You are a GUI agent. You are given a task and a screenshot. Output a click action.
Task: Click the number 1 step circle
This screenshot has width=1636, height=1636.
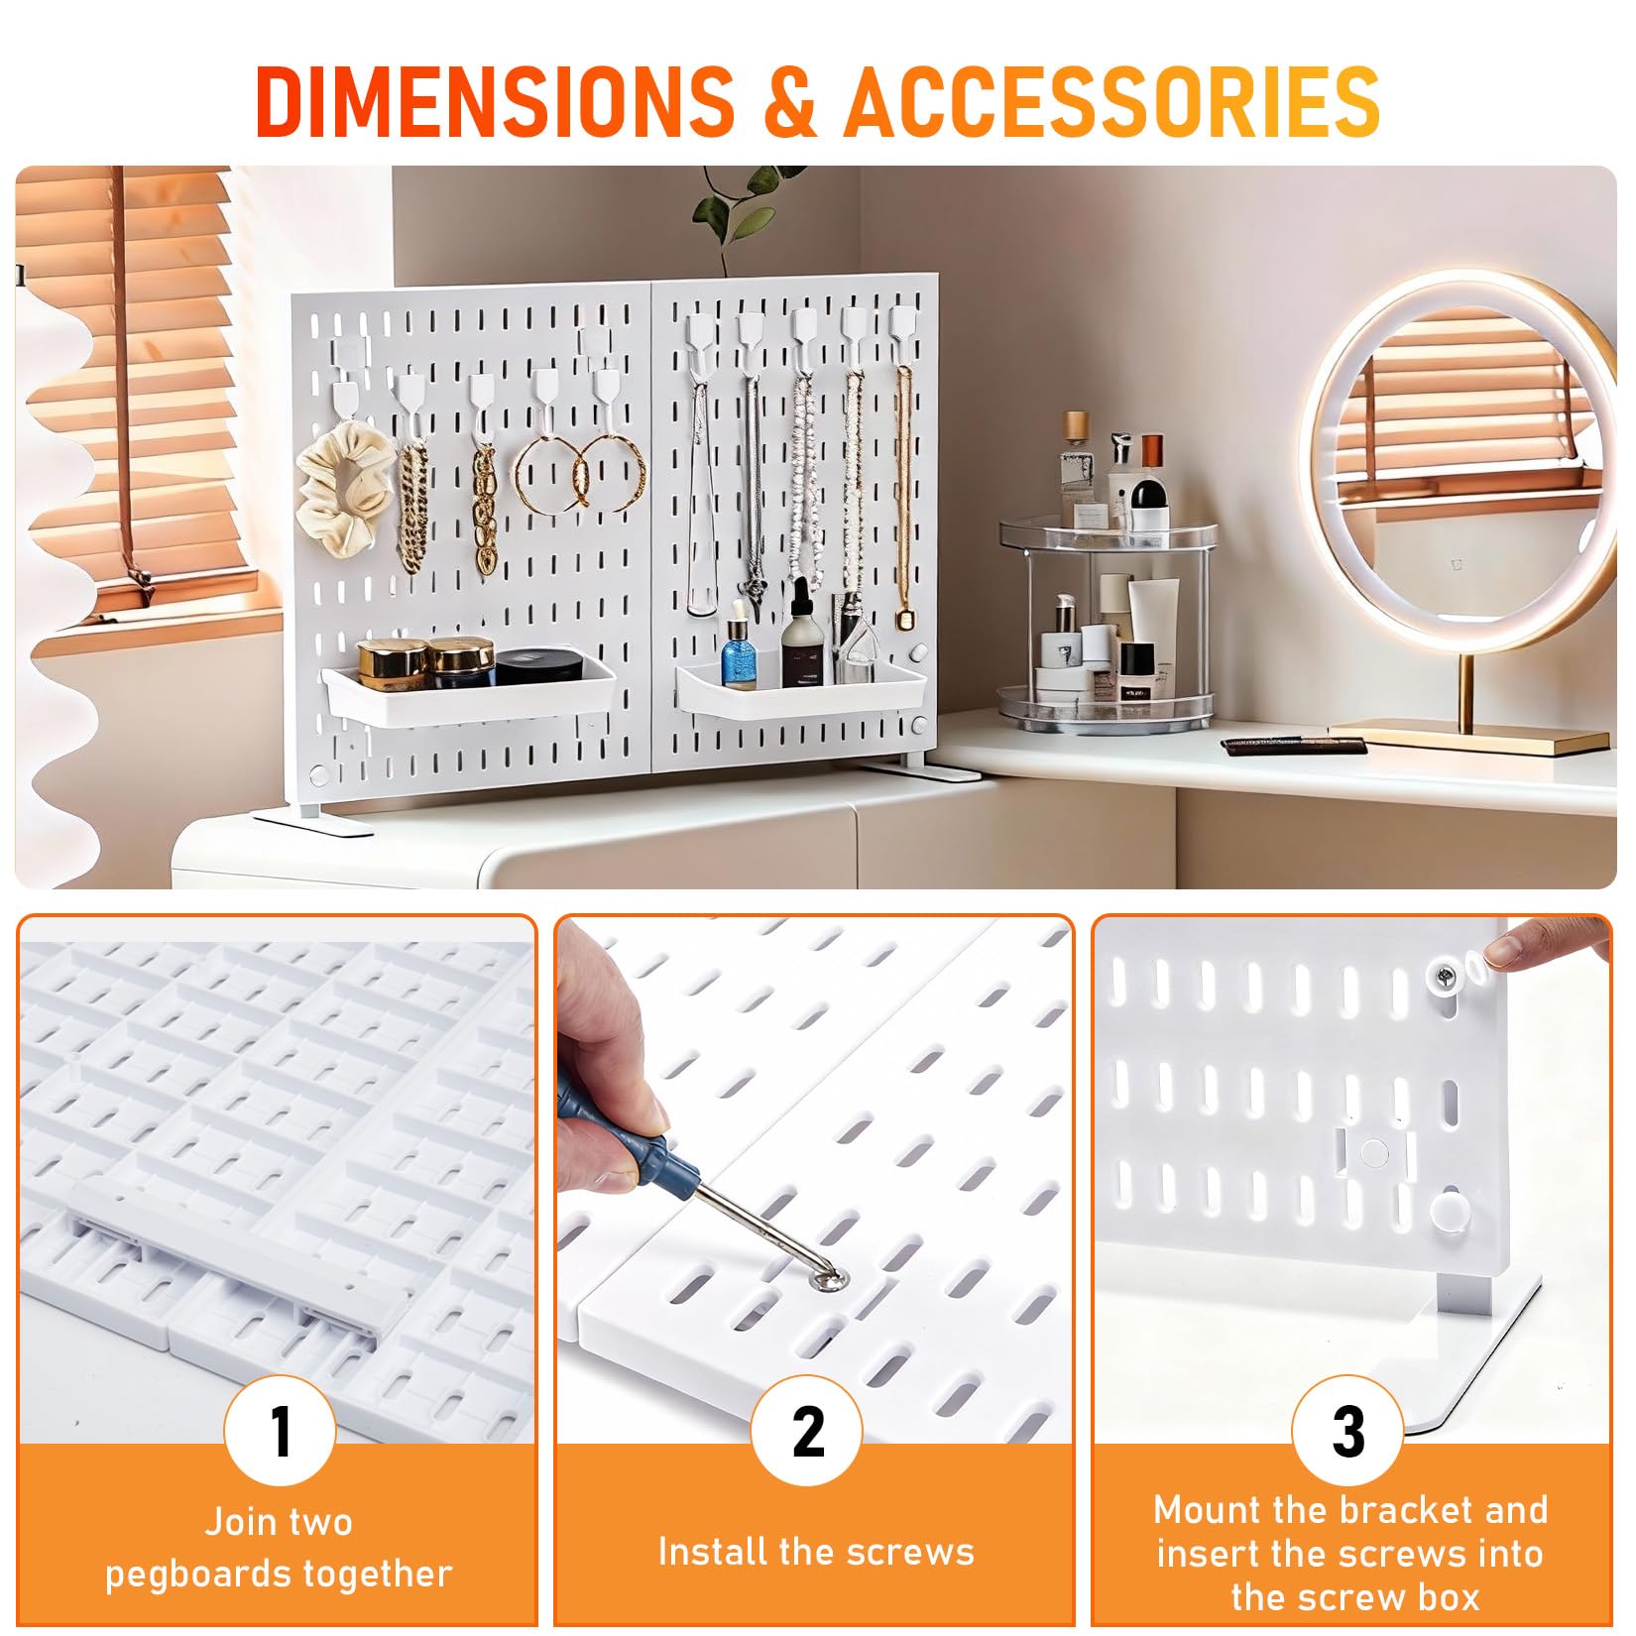tap(281, 1431)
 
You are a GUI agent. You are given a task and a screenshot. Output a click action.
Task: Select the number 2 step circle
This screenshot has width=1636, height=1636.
tap(807, 1431)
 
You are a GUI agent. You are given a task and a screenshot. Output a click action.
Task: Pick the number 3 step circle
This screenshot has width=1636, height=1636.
tap(1347, 1431)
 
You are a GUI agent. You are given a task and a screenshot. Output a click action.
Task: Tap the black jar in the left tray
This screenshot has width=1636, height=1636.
tap(538, 666)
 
